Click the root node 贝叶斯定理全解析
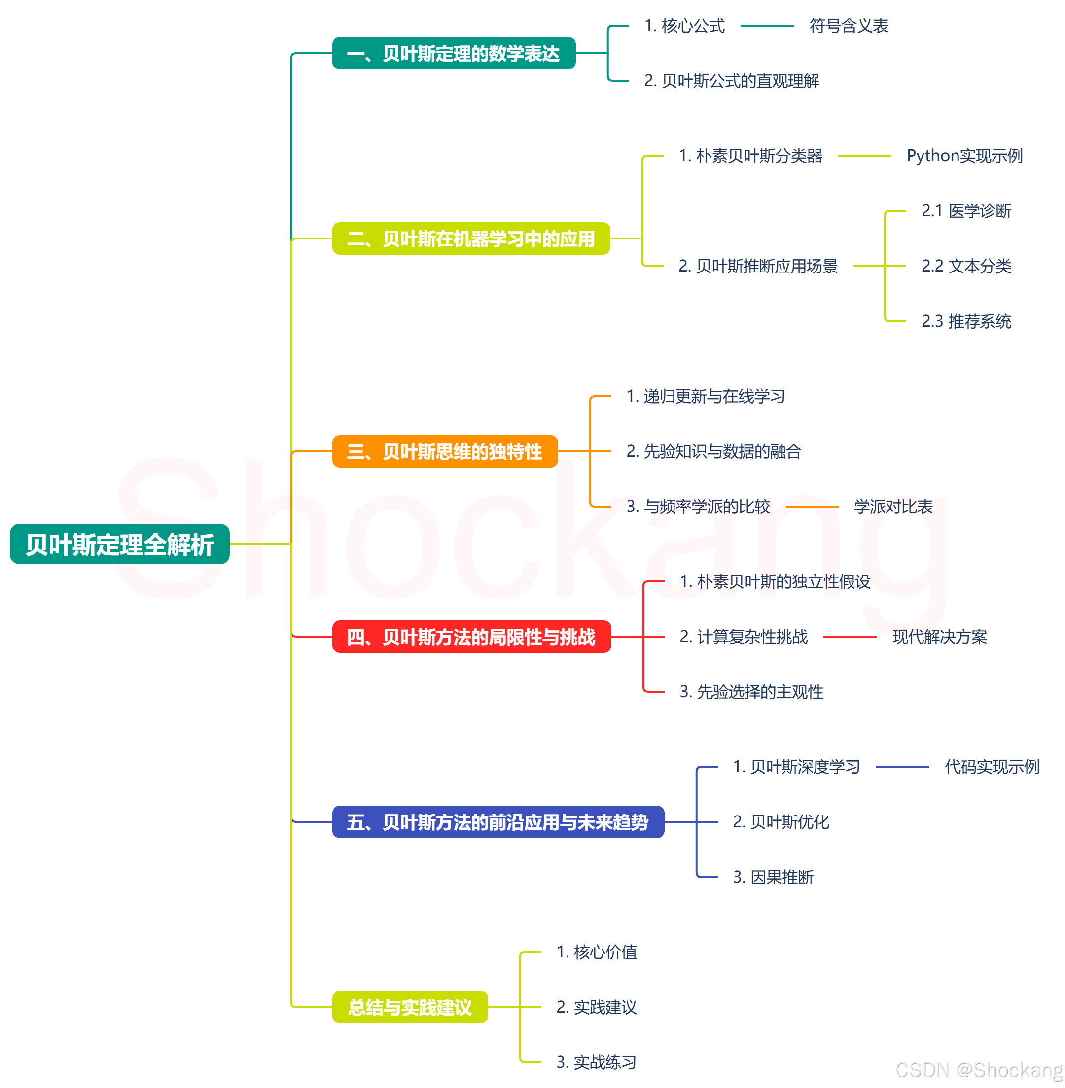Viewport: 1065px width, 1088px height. [x=120, y=544]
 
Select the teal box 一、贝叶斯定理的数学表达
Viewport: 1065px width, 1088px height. [x=454, y=54]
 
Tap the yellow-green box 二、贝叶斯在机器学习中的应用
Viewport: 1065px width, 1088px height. [x=471, y=238]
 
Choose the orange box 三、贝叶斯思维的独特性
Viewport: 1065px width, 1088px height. [x=445, y=451]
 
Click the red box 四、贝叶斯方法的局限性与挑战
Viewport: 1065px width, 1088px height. [x=471, y=637]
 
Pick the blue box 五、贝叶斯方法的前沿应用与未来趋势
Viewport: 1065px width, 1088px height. [x=498, y=822]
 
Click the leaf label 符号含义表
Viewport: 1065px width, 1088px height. [x=849, y=26]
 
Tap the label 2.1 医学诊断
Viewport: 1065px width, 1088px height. [x=966, y=211]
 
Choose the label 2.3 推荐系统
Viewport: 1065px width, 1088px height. [x=966, y=321]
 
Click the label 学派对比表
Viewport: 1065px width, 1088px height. [x=893, y=507]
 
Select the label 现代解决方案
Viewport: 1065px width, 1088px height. [x=940, y=637]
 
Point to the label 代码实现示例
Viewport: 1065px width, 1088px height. [x=992, y=767]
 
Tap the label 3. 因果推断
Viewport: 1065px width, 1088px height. [x=773, y=877]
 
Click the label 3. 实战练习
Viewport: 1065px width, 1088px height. [x=596, y=1062]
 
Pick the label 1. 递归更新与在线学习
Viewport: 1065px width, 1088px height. [x=706, y=396]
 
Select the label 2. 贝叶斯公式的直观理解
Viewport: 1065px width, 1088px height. [x=732, y=81]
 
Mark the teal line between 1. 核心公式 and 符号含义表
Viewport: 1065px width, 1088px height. [x=767, y=26]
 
